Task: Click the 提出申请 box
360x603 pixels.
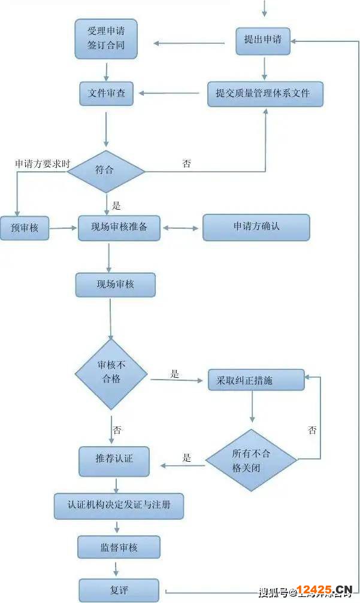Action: [x=262, y=40]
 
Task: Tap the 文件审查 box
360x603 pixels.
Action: [x=107, y=93]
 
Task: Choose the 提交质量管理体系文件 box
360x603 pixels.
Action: [x=265, y=93]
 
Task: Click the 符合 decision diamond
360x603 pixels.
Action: [x=106, y=171]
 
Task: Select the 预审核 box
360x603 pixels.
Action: [x=24, y=228]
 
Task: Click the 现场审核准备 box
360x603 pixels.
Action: [x=119, y=228]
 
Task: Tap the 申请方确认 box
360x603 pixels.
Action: [x=256, y=227]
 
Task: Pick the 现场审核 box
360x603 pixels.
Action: [x=115, y=284]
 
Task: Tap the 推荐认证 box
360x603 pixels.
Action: [x=114, y=459]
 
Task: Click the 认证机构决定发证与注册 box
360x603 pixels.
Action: [x=119, y=505]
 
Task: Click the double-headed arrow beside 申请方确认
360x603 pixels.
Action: [x=181, y=228]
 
